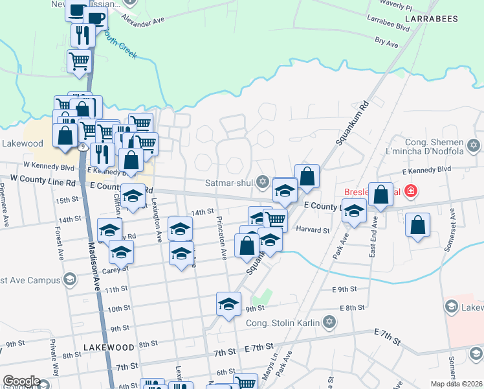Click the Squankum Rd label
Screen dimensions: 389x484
[x=352, y=123]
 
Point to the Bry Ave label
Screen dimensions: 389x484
[x=386, y=41]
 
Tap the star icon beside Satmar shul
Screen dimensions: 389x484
[x=262, y=181]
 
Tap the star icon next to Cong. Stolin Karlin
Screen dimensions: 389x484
[x=329, y=322]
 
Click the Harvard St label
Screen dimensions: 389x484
[x=313, y=230]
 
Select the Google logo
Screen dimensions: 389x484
[x=21, y=382]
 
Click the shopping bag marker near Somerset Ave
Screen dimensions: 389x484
[x=418, y=225]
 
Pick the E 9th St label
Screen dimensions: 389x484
[x=344, y=289]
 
